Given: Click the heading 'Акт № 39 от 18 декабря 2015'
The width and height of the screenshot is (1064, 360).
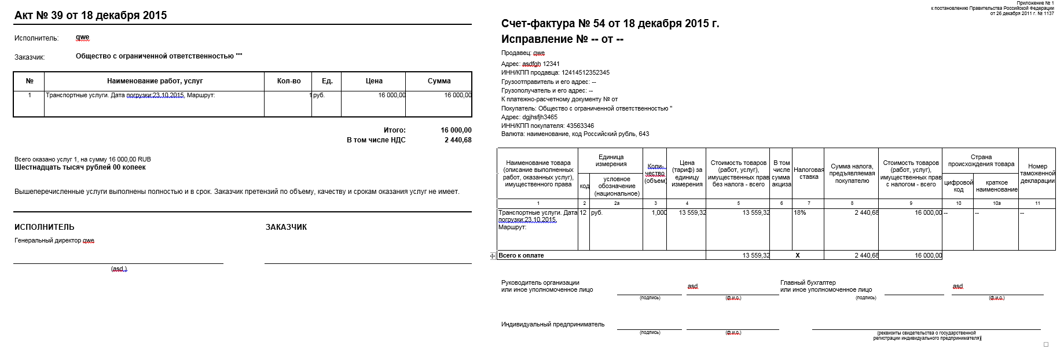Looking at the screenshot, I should [x=90, y=16].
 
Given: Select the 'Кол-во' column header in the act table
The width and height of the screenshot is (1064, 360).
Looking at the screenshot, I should [x=289, y=81].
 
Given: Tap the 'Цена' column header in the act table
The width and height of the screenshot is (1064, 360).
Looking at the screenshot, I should [x=374, y=81].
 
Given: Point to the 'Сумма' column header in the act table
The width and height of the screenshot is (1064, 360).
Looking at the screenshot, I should [x=439, y=81].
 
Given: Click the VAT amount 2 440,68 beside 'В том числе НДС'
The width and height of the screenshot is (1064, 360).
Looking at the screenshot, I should [x=458, y=140].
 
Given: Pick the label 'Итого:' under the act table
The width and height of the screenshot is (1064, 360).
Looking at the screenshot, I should [x=394, y=130].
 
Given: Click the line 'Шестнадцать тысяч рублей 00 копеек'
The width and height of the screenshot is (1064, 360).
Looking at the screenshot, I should [x=80, y=167].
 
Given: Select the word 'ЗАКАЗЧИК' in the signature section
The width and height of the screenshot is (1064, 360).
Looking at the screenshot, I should [x=286, y=227].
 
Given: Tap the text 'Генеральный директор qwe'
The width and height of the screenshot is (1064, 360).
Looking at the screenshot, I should [x=54, y=240].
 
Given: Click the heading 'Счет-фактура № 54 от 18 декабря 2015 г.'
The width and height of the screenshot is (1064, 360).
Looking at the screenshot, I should [x=610, y=24].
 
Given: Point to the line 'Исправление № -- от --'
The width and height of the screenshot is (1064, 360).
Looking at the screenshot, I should [x=562, y=39].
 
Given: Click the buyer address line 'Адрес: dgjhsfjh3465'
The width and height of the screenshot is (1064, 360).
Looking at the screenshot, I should [x=529, y=117].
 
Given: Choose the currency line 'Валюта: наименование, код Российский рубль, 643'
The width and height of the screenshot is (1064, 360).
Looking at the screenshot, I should [x=575, y=134].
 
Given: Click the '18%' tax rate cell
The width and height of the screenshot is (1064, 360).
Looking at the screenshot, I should [x=800, y=213].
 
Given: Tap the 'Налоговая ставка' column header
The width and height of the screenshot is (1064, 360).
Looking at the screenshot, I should [x=809, y=173].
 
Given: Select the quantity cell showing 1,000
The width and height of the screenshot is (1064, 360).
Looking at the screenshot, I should [x=659, y=213].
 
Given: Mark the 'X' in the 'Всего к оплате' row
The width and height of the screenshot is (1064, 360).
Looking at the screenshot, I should [x=797, y=255].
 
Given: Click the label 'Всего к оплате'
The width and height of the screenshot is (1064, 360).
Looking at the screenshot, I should [x=521, y=255].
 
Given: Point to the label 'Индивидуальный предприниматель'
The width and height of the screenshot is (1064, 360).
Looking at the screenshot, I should [x=552, y=325].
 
